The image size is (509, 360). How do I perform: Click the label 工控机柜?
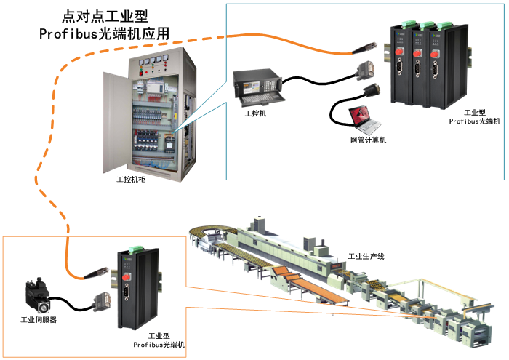pyautogui.click(x=131, y=179)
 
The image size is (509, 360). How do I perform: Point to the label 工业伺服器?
pyautogui.click(x=39, y=319)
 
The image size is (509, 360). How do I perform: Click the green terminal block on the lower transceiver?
pyautogui.click(x=132, y=252)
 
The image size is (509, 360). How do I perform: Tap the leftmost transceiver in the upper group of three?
pyautogui.click(x=399, y=65)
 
